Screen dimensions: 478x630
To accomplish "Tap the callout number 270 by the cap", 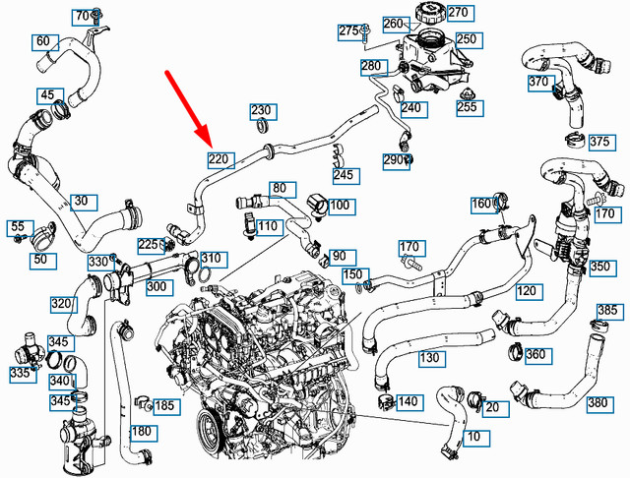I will (x=458, y=14).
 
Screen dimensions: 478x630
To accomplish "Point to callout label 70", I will (x=83, y=16).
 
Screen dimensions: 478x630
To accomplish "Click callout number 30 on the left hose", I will (x=83, y=202).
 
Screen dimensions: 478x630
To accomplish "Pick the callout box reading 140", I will (x=408, y=401).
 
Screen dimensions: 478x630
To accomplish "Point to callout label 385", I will (x=607, y=311).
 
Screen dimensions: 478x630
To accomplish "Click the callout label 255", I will (x=467, y=107).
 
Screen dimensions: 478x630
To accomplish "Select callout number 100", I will (x=340, y=207).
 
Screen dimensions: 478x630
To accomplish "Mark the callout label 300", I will (x=156, y=286).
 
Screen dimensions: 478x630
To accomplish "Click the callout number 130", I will (x=429, y=358).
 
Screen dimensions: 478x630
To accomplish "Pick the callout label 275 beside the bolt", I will (x=349, y=31).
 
